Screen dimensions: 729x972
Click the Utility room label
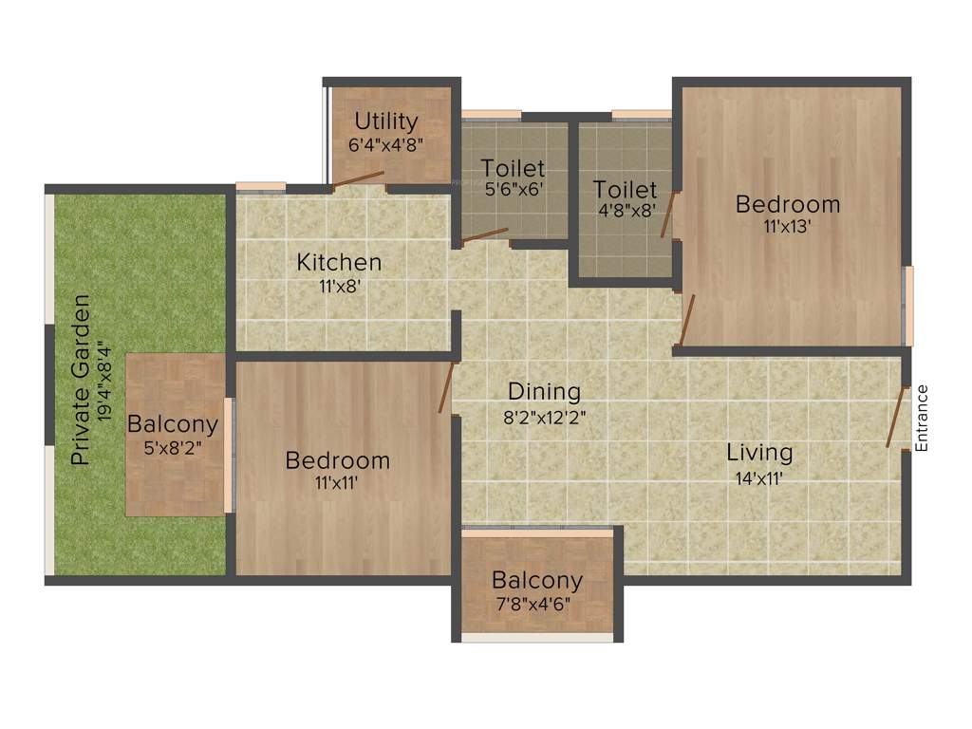(x=386, y=121)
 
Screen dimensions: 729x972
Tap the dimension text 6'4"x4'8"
(x=385, y=145)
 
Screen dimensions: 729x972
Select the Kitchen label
(x=339, y=262)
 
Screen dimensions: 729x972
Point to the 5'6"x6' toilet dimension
(x=513, y=190)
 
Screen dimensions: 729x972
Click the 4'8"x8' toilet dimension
(x=625, y=211)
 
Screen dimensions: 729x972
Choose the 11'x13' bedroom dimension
(x=788, y=228)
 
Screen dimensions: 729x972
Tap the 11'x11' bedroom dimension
(x=337, y=483)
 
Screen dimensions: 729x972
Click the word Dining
(x=544, y=391)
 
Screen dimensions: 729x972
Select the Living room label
(x=759, y=452)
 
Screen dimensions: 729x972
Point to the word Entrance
(x=921, y=418)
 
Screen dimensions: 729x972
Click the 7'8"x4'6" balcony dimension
(x=537, y=604)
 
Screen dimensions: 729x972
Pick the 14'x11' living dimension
(x=759, y=477)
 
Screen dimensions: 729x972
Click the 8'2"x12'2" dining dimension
(x=544, y=415)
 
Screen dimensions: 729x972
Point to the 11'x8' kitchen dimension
(x=339, y=285)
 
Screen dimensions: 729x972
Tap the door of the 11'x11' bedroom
(x=447, y=387)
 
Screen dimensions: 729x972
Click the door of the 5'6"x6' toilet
(x=485, y=235)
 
